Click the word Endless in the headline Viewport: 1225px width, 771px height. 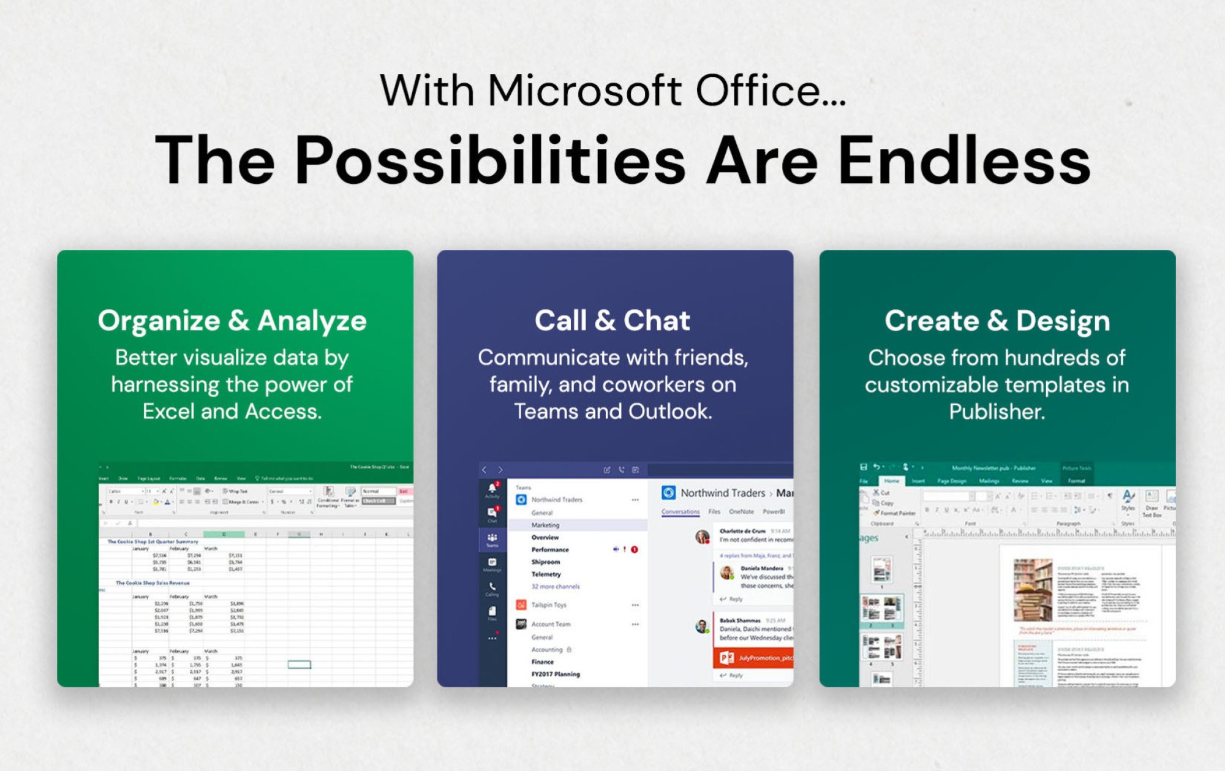click(964, 160)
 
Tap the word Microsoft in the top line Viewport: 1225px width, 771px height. click(584, 91)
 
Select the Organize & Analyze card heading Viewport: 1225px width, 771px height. click(232, 321)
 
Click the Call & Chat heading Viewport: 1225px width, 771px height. click(612, 321)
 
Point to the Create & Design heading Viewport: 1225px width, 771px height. click(997, 321)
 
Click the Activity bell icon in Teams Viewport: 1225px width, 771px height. click(492, 489)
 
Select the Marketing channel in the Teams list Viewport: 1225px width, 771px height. click(545, 525)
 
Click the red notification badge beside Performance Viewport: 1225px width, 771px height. click(635, 549)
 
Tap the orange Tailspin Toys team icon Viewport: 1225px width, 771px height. click(521, 605)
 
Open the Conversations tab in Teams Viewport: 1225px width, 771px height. click(680, 511)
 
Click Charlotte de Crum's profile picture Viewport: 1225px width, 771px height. click(702, 536)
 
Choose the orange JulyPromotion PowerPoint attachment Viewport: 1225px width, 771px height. click(753, 658)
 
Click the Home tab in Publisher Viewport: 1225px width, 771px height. click(891, 481)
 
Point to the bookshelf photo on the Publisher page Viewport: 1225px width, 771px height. click(1033, 589)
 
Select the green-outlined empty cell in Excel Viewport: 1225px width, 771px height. click(299, 664)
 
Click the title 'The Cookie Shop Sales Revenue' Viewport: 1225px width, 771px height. click(153, 583)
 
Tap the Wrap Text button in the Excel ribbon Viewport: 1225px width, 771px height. click(235, 491)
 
